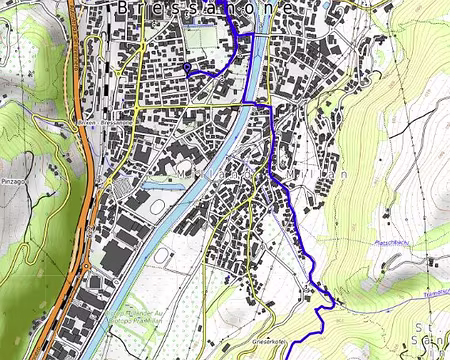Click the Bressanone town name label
[205, 8]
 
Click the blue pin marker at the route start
[188, 68]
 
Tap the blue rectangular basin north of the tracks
[160, 185]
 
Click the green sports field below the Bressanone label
[204, 38]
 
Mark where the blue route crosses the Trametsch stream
[322, 293]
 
